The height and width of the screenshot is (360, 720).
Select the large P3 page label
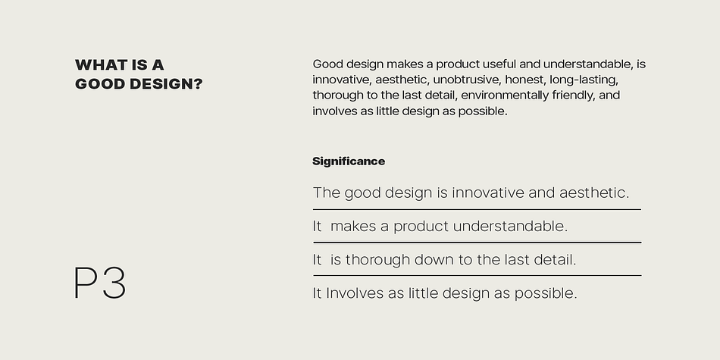tap(100, 283)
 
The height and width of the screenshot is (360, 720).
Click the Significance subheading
tap(349, 161)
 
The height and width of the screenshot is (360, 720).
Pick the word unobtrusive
tap(467, 80)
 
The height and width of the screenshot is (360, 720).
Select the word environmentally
tap(505, 95)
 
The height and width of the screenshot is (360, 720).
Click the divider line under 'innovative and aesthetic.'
tap(477, 209)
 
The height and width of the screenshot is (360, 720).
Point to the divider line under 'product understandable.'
tap(477, 243)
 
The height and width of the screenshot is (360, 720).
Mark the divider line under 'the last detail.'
tap(477, 276)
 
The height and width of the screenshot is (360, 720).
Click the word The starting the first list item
tap(327, 193)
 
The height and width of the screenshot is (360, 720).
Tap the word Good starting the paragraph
tap(328, 64)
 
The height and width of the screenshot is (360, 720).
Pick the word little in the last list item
tap(422, 293)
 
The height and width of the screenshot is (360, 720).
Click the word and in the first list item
tap(541, 193)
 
